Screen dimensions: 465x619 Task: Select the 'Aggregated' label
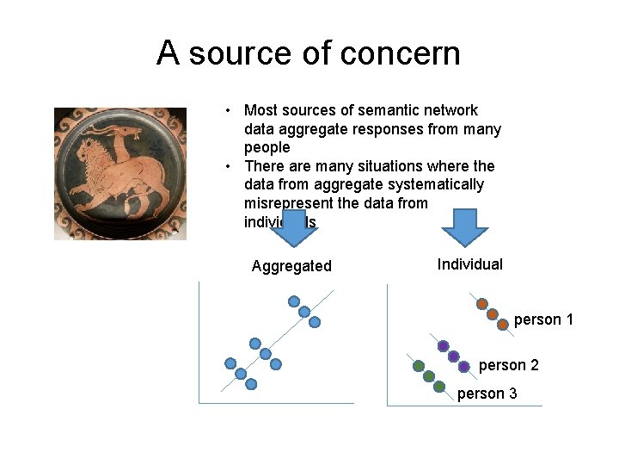[x=291, y=266]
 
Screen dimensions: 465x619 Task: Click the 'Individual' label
[x=469, y=264]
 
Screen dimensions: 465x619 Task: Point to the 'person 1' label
[x=543, y=320]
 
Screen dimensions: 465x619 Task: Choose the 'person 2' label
[x=508, y=365]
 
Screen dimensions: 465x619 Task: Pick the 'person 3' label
[x=487, y=394]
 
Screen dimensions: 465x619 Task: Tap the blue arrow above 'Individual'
[x=464, y=226]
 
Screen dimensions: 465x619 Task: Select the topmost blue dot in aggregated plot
[x=294, y=301]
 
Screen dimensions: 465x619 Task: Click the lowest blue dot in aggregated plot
[x=251, y=384]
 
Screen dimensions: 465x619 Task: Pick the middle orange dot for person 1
[x=493, y=314]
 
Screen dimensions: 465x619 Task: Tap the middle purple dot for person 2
[x=454, y=356]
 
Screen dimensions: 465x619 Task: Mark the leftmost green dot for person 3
[x=419, y=366]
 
